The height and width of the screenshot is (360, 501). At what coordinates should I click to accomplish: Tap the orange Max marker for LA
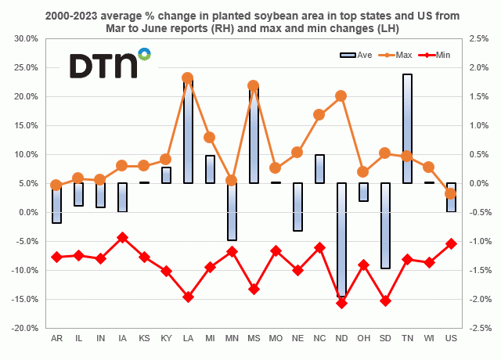coord(188,78)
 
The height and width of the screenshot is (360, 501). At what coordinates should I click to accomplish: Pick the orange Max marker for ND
coord(341,95)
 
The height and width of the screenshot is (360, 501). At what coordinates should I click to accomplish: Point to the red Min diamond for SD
coord(385,301)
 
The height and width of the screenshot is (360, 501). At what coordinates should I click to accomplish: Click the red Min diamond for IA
coord(122,237)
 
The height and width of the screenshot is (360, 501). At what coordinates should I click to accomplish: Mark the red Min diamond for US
coord(451,243)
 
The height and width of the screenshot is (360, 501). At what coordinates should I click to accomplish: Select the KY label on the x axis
coord(166,338)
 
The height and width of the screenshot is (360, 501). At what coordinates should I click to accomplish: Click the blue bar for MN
coord(232,211)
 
